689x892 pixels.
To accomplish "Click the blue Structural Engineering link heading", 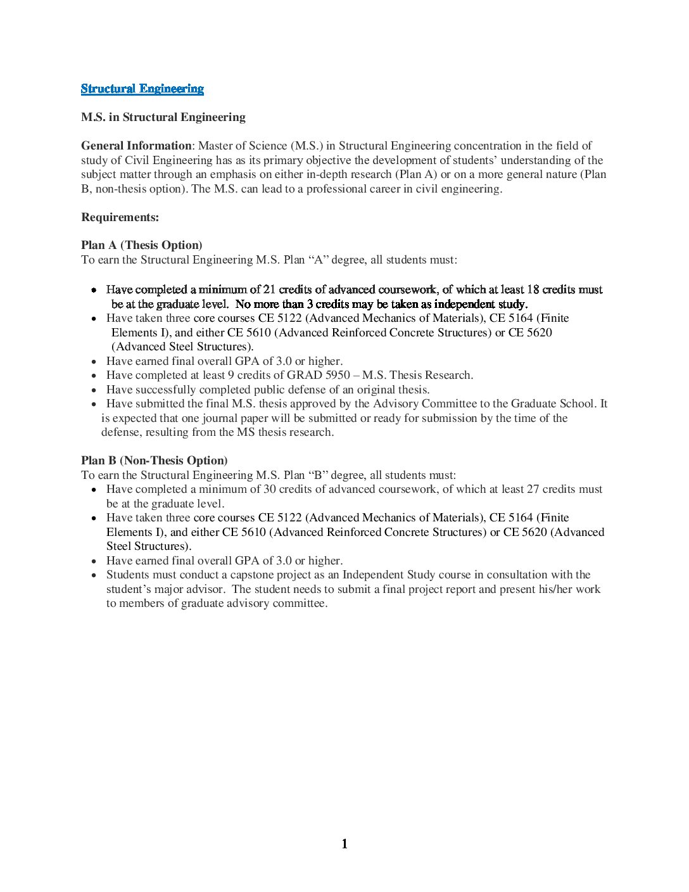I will pyautogui.click(x=142, y=89).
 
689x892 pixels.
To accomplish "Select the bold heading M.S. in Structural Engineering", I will pyautogui.click(x=163, y=117).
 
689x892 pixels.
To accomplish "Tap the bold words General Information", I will pyautogui.click(x=136, y=146).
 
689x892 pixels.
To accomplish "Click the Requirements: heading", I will pyautogui.click(x=120, y=217).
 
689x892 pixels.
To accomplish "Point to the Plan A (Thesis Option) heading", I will pyautogui.click(x=141, y=245).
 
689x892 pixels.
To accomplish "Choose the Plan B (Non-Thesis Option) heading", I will pyautogui.click(x=154, y=461).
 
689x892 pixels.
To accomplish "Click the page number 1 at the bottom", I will pyautogui.click(x=344, y=844).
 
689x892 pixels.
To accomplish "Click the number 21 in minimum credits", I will pyautogui.click(x=269, y=290).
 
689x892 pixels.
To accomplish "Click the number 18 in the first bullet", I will pyautogui.click(x=533, y=290).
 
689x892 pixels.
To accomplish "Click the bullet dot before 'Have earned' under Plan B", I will pyautogui.click(x=94, y=561).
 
